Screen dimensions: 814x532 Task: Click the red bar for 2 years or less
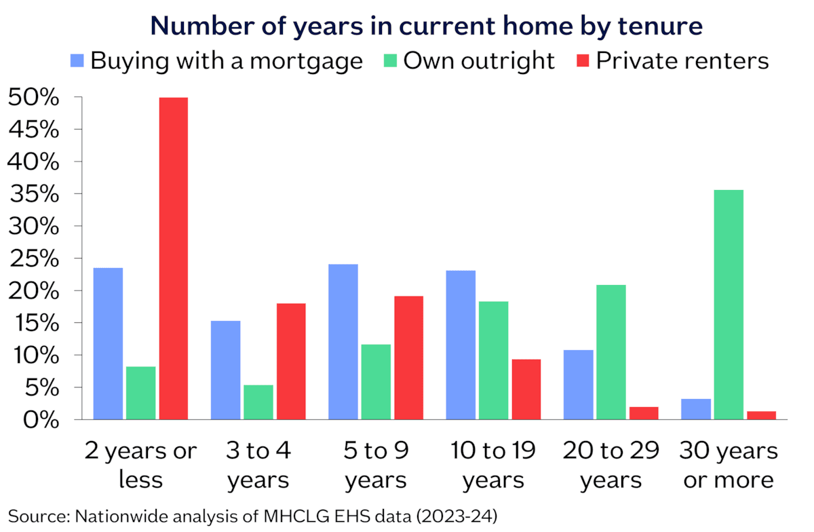(174, 259)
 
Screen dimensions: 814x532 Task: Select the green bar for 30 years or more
(729, 305)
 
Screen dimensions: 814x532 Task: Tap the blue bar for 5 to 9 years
(343, 342)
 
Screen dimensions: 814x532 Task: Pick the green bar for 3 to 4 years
(258, 402)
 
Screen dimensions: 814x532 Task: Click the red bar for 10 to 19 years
(526, 389)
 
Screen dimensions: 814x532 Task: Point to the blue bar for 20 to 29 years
(579, 385)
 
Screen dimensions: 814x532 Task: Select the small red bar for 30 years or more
(762, 415)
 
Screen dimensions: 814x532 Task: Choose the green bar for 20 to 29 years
(611, 352)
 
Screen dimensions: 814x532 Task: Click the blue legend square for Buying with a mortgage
(77, 60)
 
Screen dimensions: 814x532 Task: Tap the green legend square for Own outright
(390, 60)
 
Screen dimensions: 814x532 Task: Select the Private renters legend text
(682, 60)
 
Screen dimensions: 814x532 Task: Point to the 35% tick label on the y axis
(34, 194)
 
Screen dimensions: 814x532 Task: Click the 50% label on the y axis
(33, 97)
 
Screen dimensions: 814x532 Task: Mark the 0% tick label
(41, 420)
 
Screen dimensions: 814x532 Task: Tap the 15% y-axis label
(37, 323)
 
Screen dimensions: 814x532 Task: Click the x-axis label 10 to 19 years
(494, 465)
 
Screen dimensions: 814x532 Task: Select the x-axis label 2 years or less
(140, 465)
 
